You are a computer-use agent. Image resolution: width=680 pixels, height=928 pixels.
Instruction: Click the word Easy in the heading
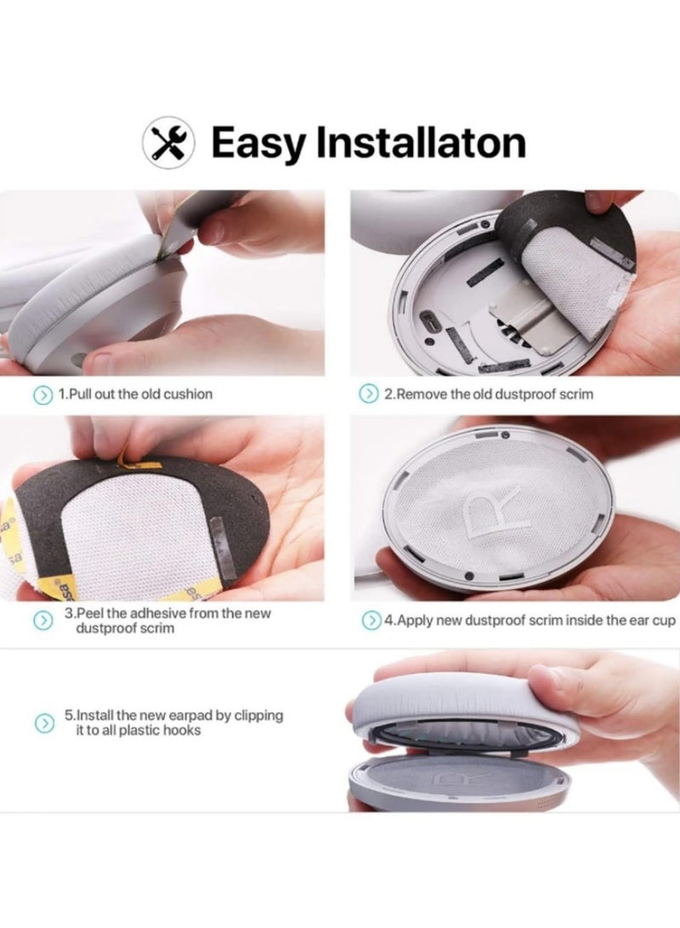pyautogui.click(x=258, y=143)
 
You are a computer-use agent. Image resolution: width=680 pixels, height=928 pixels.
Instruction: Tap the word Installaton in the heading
pyautogui.click(x=421, y=143)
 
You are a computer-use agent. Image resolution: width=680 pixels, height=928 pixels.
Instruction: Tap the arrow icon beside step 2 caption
pyautogui.click(x=368, y=394)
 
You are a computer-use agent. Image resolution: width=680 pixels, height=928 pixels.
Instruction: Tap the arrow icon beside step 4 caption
pyautogui.click(x=371, y=620)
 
